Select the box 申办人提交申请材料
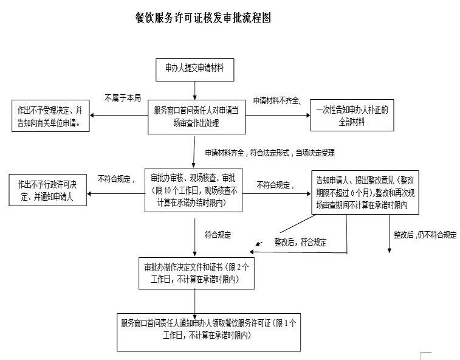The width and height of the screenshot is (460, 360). tap(194, 68)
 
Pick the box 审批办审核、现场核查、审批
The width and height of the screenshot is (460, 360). tap(193, 189)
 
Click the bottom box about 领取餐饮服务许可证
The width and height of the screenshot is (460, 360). tap(208, 331)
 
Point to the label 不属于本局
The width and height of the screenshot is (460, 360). tap(123, 97)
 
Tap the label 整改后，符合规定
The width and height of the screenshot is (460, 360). tap(300, 242)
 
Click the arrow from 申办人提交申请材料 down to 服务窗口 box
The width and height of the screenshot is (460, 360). tap(194, 89)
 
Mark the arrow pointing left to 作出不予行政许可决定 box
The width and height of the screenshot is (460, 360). tap(115, 194)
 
